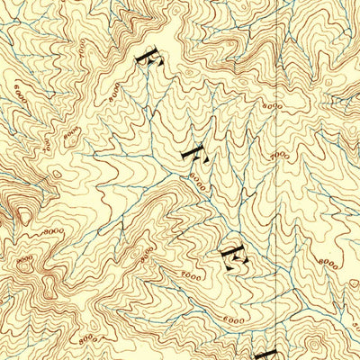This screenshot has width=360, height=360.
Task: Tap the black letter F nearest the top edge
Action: [x=147, y=54]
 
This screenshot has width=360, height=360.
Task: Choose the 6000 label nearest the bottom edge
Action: [x=233, y=319]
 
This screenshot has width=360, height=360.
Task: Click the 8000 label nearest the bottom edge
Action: [x=88, y=340]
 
